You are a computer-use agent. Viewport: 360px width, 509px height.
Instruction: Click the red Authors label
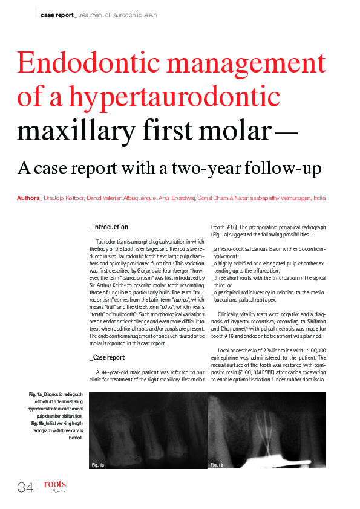tap(28, 198)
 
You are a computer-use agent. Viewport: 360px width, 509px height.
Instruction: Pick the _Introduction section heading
tap(109, 227)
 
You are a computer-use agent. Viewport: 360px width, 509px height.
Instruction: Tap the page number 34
tap(25, 487)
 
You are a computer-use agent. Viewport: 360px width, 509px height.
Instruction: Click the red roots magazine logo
tap(55, 484)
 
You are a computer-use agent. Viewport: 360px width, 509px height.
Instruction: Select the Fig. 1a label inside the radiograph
tap(98, 465)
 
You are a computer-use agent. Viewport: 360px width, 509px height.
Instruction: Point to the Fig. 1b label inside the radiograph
tap(217, 465)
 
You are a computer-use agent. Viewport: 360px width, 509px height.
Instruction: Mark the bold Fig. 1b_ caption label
tap(39, 423)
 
